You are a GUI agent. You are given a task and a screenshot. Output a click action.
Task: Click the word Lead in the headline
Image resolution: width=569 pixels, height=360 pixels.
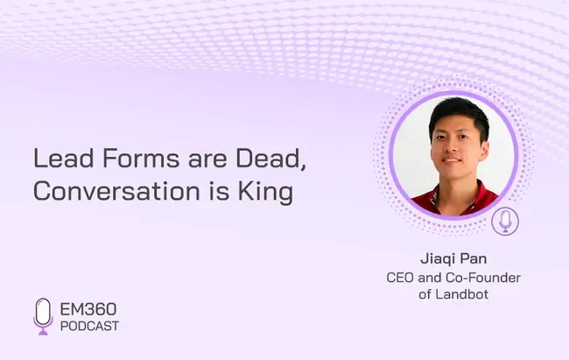coord(64,159)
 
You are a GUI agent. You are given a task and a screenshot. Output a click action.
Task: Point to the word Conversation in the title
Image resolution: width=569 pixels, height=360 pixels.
coord(116,191)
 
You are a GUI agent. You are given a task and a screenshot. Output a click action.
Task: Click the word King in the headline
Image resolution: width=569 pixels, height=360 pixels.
coord(265,193)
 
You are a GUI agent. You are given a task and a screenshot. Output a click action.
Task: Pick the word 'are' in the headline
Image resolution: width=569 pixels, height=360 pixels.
coord(207,160)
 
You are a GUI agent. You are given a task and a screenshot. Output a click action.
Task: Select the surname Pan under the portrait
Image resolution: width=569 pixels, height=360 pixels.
coord(474,258)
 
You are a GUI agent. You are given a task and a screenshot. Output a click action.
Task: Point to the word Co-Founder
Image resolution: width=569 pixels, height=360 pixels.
coord(483,278)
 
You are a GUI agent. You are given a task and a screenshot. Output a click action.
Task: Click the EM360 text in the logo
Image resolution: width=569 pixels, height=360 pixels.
coord(88,309)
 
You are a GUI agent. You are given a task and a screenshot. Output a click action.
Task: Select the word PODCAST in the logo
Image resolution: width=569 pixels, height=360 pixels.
coord(89,326)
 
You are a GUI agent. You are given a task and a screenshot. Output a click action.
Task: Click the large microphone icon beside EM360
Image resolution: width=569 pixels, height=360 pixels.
coord(43,316)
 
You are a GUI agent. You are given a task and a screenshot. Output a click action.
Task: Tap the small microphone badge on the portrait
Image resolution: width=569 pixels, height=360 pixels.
coord(505,222)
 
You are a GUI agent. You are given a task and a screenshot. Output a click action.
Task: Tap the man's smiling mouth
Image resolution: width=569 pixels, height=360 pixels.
coord(452,160)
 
